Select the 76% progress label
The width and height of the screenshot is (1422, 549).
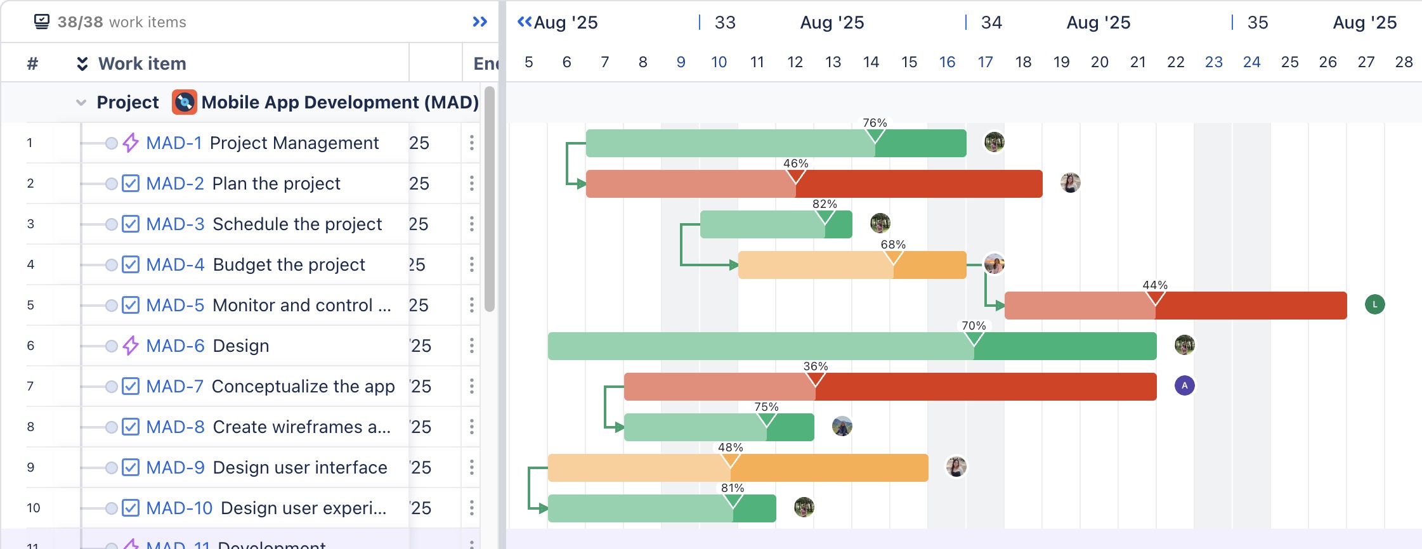click(x=875, y=123)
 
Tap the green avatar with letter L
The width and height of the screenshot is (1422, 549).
click(x=1374, y=304)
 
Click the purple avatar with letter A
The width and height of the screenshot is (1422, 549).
click(x=1184, y=385)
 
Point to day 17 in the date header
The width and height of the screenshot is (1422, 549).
click(x=985, y=62)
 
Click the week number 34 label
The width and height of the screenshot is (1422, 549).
click(x=991, y=23)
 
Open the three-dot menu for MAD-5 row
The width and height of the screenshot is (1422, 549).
click(x=471, y=305)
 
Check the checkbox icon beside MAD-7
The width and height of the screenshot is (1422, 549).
click(x=131, y=386)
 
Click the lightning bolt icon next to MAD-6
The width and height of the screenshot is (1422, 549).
click(x=131, y=346)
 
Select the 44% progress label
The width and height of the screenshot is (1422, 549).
click(x=1155, y=285)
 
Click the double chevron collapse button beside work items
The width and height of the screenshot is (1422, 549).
click(x=479, y=22)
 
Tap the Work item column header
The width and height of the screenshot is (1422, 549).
click(x=142, y=63)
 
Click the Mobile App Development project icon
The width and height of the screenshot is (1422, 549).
click(x=185, y=102)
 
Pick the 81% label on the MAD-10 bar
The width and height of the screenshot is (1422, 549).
click(x=733, y=488)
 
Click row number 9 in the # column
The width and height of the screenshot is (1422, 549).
click(x=30, y=467)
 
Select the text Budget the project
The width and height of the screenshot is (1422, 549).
click(x=289, y=264)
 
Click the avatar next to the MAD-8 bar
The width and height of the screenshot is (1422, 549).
click(x=842, y=426)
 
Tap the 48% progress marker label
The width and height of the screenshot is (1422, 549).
click(x=730, y=448)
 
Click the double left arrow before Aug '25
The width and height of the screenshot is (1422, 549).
click(x=525, y=22)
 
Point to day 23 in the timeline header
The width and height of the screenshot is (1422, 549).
click(x=1213, y=62)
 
